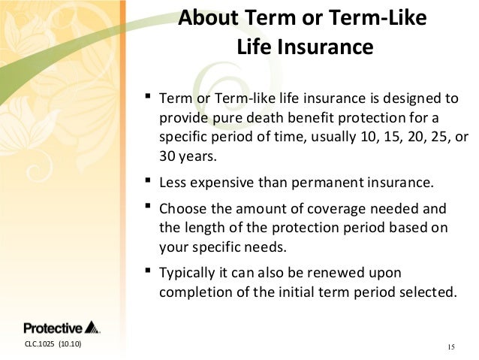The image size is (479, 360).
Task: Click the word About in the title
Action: (x=208, y=17)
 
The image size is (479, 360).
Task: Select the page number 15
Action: (x=451, y=347)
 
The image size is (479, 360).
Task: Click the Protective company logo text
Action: (x=53, y=328)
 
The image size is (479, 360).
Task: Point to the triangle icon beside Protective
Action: (x=92, y=327)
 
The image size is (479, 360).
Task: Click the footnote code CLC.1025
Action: (x=39, y=344)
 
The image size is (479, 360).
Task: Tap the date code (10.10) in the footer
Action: (x=71, y=344)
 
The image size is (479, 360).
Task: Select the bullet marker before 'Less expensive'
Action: (x=148, y=180)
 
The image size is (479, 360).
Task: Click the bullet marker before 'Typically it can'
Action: (x=148, y=270)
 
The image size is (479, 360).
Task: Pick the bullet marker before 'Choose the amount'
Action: (x=148, y=205)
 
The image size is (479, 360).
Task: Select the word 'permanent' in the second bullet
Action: (x=327, y=183)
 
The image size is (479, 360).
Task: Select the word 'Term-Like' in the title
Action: (x=378, y=17)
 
